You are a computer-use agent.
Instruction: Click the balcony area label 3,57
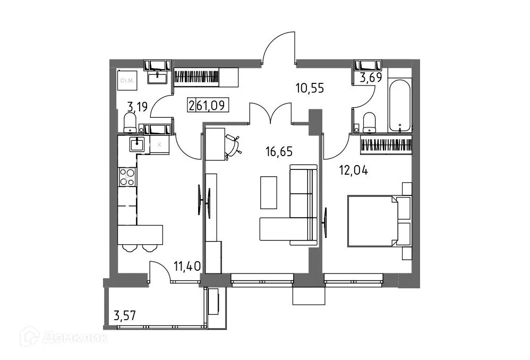(x=125, y=316)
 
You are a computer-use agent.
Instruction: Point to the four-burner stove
(x=127, y=176)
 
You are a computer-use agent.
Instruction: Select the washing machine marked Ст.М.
(x=127, y=81)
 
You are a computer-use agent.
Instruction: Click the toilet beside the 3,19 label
(x=130, y=123)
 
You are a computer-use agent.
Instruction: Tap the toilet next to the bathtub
(x=369, y=122)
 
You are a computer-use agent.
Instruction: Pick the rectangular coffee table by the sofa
(x=269, y=192)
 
